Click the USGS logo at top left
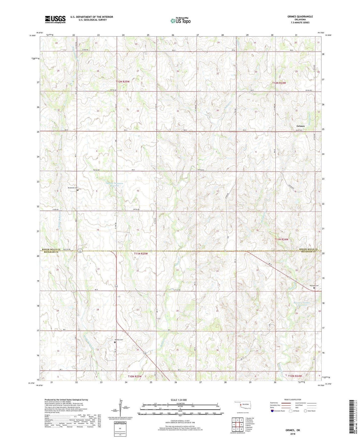(x=55, y=19)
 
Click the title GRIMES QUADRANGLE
(x=300, y=17)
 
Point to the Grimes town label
(x=300, y=126)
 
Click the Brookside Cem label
(x=73, y=188)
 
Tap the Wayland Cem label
(x=314, y=286)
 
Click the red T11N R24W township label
(x=281, y=239)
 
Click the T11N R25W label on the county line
(x=141, y=254)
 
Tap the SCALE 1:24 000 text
(x=179, y=400)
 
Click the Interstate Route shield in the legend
(x=272, y=411)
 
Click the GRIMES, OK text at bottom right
(x=293, y=430)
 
